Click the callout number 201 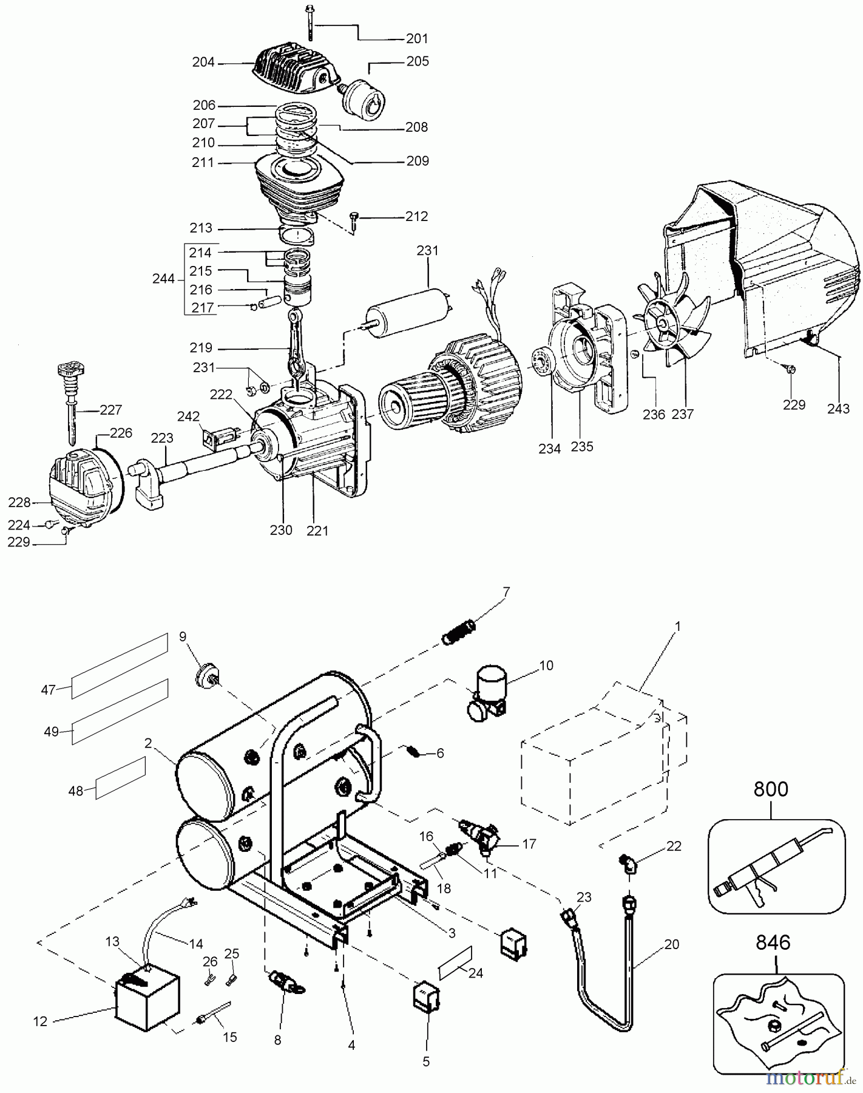pos(417,38)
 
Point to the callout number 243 pos(839,409)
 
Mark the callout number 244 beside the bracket pos(163,279)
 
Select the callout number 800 pos(771,789)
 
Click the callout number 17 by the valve pos(529,843)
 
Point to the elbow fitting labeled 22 pos(625,862)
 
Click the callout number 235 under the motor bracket pos(582,446)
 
